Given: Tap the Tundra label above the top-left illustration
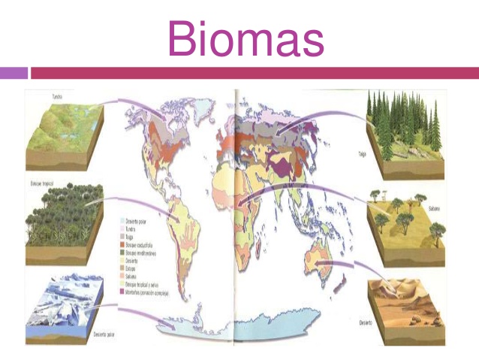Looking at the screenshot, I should tap(56, 96).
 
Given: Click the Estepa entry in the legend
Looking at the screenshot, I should tap(131, 268).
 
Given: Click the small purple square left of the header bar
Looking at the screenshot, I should tap(14, 73).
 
